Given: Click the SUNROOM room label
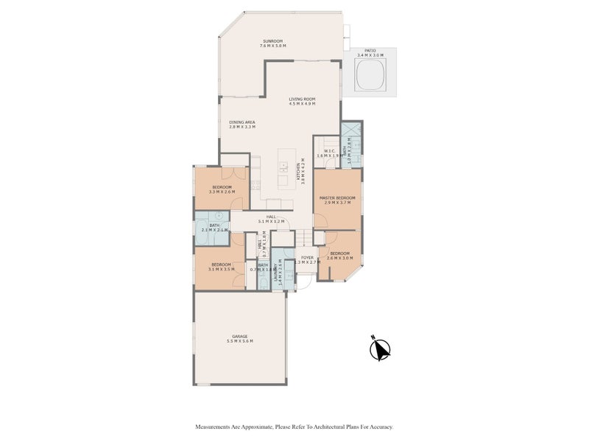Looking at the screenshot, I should click(272, 41).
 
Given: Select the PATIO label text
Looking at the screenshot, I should click(375, 51).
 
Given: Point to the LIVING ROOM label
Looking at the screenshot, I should click(302, 99).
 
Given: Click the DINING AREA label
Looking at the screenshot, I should click(241, 122).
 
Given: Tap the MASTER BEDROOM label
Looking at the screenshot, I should click(337, 198).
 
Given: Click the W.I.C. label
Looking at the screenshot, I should click(329, 150).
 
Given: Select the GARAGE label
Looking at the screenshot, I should click(240, 336).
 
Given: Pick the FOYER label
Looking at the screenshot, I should click(308, 257).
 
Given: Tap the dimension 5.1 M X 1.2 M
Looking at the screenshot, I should click(271, 221).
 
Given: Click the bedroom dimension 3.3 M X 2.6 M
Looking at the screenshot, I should click(222, 192).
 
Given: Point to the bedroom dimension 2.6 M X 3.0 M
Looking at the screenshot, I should click(340, 258).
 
